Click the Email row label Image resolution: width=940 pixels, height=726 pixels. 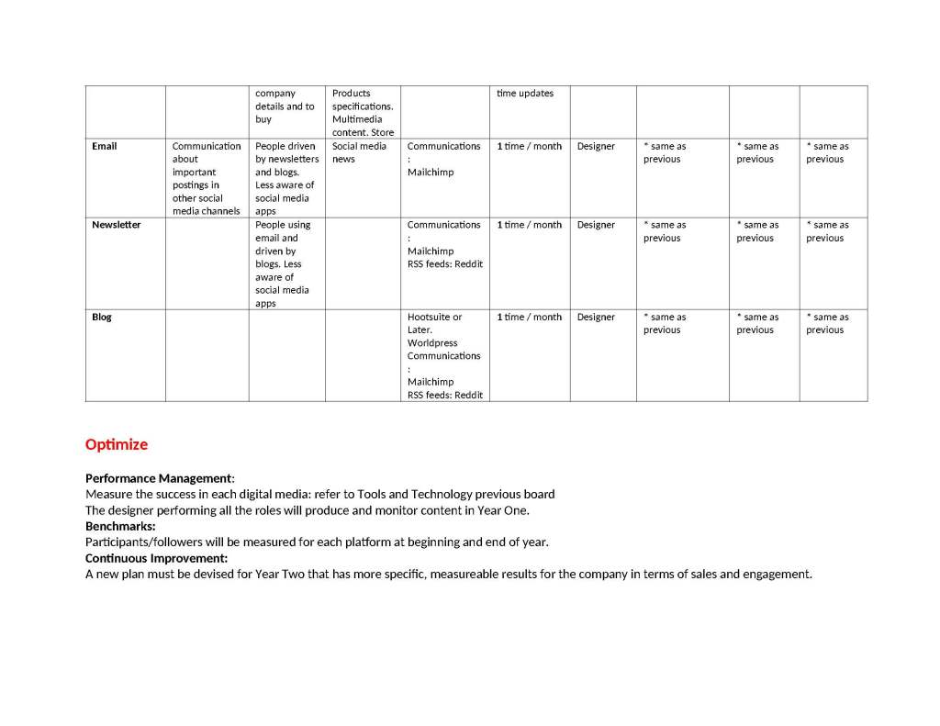click(x=104, y=146)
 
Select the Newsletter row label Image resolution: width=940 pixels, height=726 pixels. click(x=116, y=225)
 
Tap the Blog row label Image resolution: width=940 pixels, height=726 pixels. click(x=101, y=317)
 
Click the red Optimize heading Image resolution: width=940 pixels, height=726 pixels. click(x=117, y=444)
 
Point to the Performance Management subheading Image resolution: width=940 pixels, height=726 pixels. click(x=159, y=478)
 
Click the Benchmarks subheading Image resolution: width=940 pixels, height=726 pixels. click(x=120, y=526)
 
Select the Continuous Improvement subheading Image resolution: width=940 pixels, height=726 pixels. click(x=156, y=558)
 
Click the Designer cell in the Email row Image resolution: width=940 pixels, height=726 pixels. click(x=596, y=146)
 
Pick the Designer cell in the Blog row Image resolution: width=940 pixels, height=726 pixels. click(x=596, y=317)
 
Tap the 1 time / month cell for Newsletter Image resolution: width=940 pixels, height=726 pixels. click(x=529, y=225)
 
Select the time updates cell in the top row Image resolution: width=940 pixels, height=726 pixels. click(x=525, y=94)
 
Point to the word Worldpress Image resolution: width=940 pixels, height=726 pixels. click(x=432, y=343)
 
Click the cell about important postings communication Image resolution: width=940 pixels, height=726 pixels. click(x=207, y=178)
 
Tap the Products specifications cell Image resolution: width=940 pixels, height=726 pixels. click(x=363, y=112)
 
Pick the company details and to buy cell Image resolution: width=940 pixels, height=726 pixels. click(x=285, y=106)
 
